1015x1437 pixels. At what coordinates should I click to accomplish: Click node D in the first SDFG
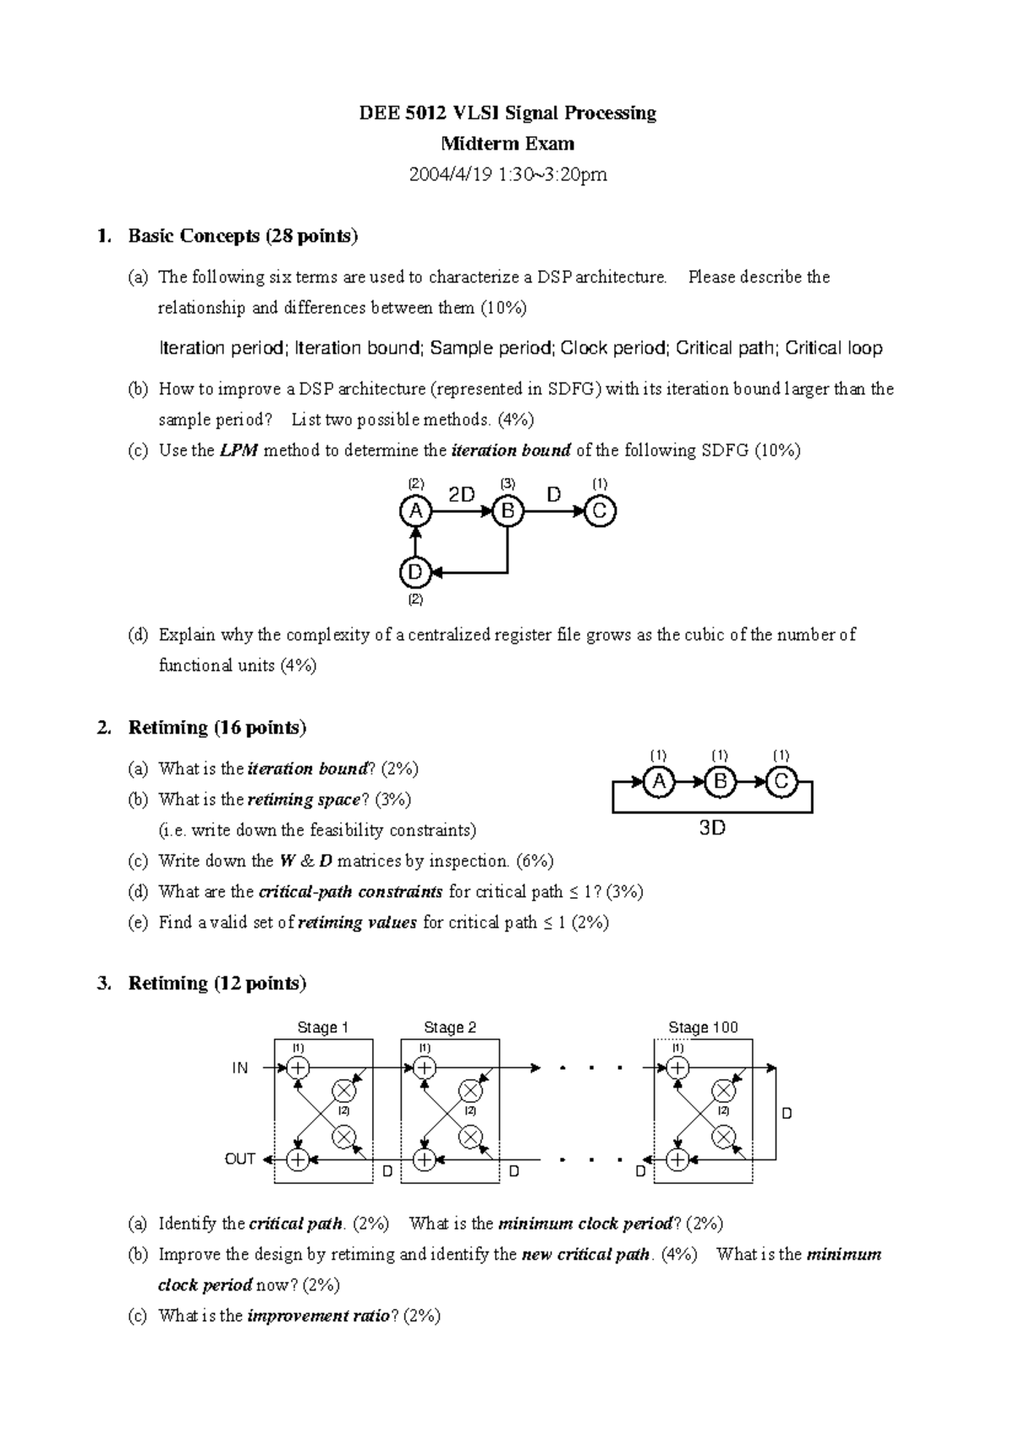coord(414,573)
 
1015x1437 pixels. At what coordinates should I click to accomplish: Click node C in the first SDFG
coord(600,511)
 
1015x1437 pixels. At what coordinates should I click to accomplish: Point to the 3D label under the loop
coord(712,829)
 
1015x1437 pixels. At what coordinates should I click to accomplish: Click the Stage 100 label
coord(703,1027)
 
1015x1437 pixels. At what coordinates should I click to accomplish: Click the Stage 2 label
coord(449,1027)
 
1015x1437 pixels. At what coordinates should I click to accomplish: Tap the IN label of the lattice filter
coord(240,1069)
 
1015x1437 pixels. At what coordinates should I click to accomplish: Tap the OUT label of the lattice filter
coord(239,1159)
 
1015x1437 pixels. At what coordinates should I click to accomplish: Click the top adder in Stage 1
coord(298,1068)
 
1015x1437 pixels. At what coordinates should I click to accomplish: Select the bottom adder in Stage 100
coord(678,1159)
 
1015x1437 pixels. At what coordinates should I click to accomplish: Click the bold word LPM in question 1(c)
coord(239,451)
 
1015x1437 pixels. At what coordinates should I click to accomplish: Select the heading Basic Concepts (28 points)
coord(243,236)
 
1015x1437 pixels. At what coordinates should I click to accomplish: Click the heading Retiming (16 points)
coord(217,728)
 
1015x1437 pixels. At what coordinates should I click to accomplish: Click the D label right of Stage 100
coord(787,1114)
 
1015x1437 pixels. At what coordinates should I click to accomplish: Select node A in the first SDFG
coord(414,511)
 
